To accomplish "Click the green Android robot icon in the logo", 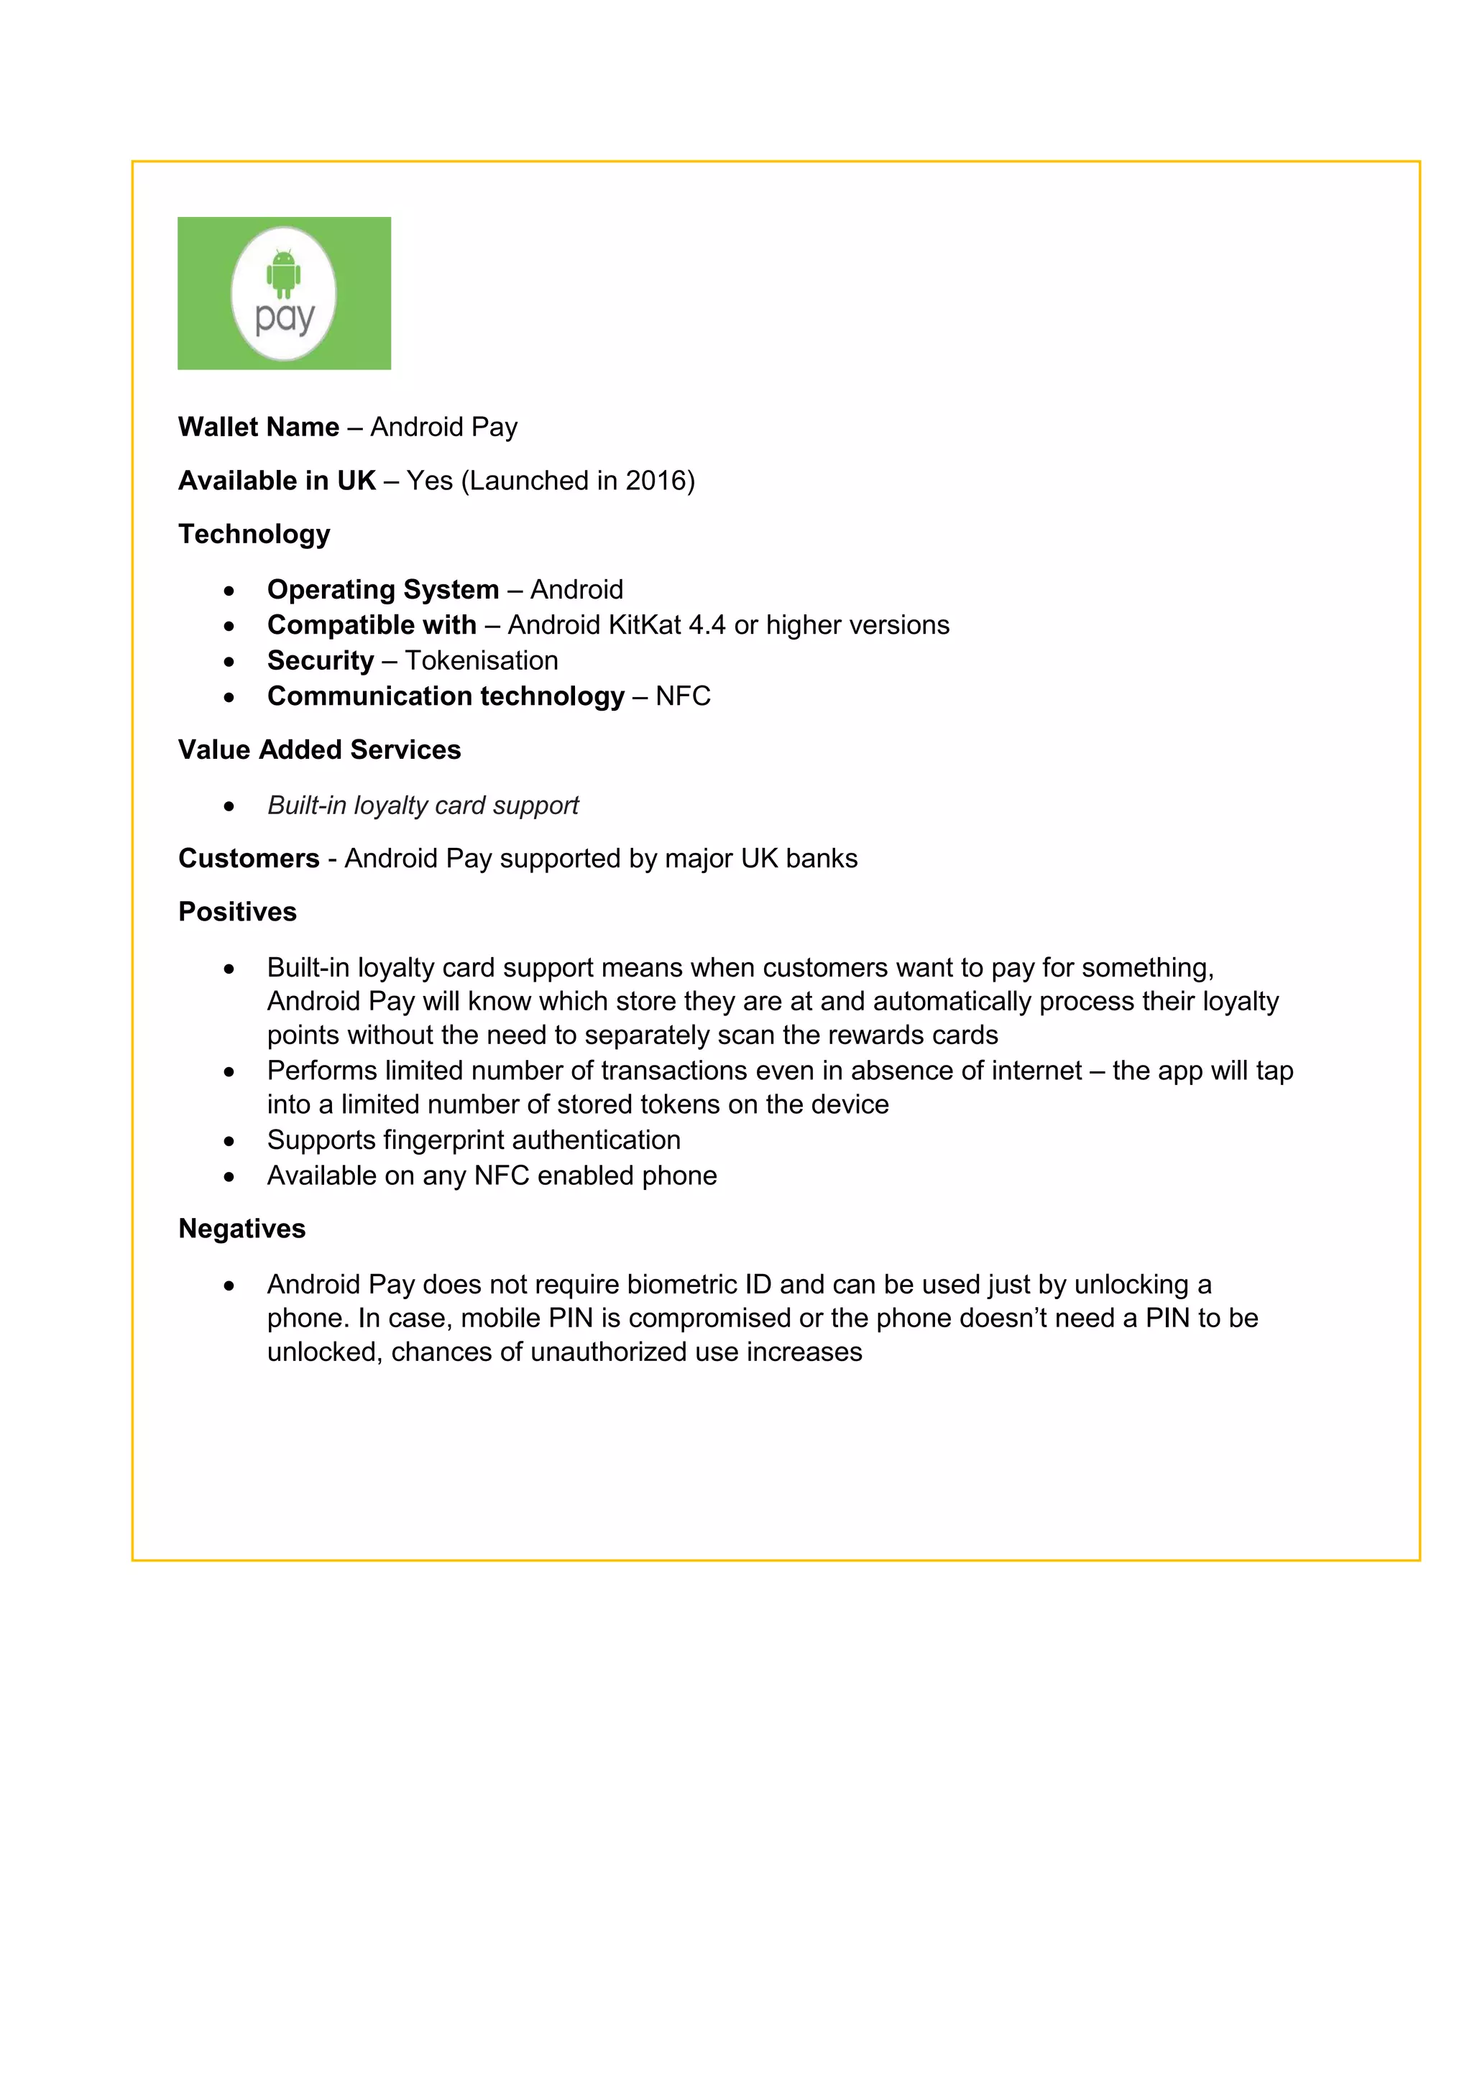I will (284, 273).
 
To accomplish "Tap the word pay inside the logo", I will (285, 319).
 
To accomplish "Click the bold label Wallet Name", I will (258, 427).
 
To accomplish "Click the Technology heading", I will (254, 534).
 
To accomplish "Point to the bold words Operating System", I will (382, 589).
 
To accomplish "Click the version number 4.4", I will (707, 624).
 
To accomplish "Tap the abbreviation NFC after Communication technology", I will (683, 696).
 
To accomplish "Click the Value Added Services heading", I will (319, 749).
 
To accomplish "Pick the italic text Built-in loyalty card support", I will (423, 805).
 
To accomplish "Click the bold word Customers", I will (249, 858).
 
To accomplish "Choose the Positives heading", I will (237, 912).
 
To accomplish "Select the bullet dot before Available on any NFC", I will (229, 1176).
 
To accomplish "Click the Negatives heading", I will (242, 1228).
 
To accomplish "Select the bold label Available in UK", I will (277, 481).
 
